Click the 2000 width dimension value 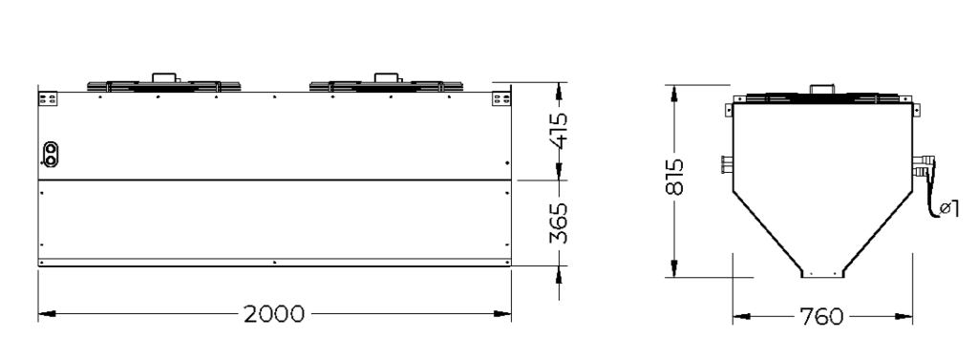coord(274,314)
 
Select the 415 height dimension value coord(558,131)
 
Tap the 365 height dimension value coord(558,222)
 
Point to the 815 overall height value coord(674,178)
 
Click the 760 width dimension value coord(821,316)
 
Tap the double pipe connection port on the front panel coord(51,154)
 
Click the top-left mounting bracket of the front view coord(48,98)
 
